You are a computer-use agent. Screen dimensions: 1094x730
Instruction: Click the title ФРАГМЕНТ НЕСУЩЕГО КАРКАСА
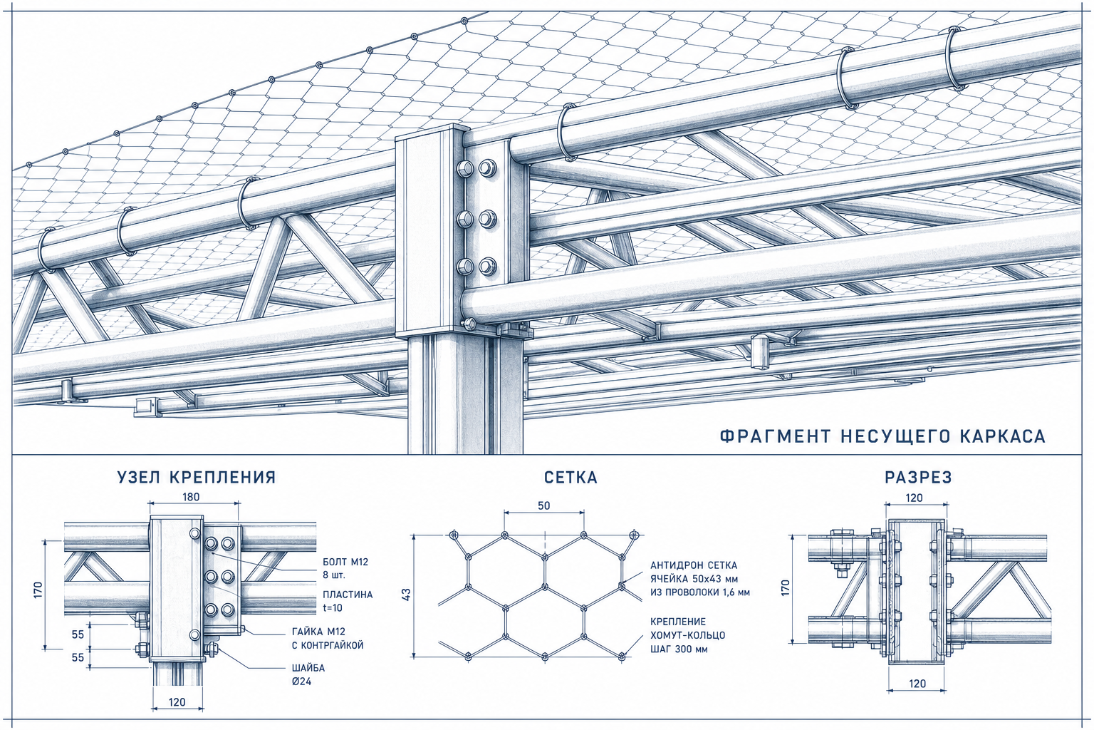tap(883, 436)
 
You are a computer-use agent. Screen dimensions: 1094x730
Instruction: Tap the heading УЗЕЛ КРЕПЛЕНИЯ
tap(197, 477)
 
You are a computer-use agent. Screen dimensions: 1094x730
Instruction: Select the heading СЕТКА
tap(571, 477)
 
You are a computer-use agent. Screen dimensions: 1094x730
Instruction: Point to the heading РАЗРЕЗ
tap(919, 477)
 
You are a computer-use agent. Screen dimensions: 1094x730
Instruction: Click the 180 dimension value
tap(191, 497)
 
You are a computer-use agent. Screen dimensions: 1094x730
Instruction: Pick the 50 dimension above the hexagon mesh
tap(544, 505)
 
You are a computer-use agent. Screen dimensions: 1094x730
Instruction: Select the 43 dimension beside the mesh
tap(407, 594)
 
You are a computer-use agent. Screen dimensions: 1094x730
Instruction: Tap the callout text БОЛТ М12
tap(345, 562)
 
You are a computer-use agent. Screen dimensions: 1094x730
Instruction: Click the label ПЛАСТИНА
tap(348, 595)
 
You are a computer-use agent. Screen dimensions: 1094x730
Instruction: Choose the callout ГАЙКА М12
tap(318, 632)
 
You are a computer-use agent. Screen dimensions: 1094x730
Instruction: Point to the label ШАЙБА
tap(308, 668)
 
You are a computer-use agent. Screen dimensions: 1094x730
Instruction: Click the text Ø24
tap(301, 681)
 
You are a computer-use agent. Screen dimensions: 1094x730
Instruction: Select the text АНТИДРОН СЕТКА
tap(694, 565)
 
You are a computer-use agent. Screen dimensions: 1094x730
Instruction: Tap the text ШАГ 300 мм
tap(679, 649)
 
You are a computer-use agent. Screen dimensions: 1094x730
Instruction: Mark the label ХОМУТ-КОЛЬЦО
tap(687, 636)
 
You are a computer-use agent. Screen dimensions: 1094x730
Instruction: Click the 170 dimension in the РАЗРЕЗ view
tap(786, 587)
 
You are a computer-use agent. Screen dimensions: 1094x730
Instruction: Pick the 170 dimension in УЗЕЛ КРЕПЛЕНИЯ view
tap(38, 590)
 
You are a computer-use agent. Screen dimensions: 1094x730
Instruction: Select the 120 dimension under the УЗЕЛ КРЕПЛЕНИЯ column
tap(177, 702)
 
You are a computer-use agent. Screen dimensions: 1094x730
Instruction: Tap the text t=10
tap(333, 608)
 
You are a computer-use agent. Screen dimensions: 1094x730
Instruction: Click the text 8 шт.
tap(334, 575)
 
